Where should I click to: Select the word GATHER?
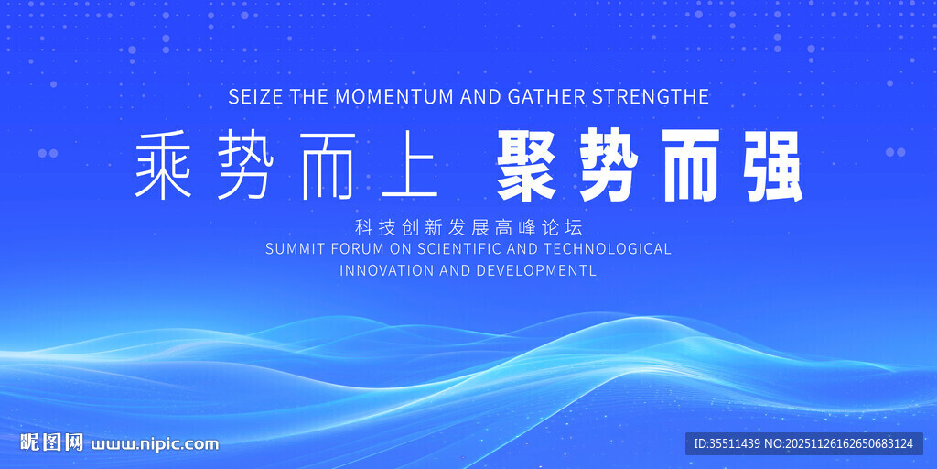(x=547, y=96)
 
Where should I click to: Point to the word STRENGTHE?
(x=651, y=96)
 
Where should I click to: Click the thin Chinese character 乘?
(x=163, y=165)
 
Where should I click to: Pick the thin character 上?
(x=411, y=165)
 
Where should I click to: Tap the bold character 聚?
(x=526, y=166)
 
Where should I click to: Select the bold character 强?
(x=772, y=166)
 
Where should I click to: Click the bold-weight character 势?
(x=608, y=166)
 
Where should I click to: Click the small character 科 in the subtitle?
(x=362, y=227)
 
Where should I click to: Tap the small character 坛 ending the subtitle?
(x=573, y=227)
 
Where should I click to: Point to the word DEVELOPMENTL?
(x=536, y=270)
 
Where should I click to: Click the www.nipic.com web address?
(x=154, y=444)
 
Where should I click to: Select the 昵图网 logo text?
(x=51, y=442)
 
